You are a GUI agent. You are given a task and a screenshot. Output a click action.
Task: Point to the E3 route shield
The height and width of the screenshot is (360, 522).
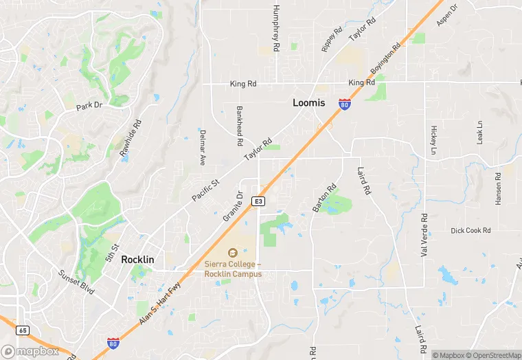click(x=258, y=201)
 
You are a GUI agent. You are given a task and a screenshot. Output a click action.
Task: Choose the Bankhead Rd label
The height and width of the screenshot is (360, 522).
click(x=240, y=125)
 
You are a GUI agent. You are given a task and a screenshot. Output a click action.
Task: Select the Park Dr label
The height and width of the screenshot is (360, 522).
click(x=89, y=106)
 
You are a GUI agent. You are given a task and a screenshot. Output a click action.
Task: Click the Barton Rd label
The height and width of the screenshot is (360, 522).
click(x=324, y=197)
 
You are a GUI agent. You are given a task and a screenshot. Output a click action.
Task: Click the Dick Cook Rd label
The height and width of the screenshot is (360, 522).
click(x=470, y=231)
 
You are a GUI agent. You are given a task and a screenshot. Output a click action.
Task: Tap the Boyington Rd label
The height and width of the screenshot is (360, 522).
click(x=385, y=61)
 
